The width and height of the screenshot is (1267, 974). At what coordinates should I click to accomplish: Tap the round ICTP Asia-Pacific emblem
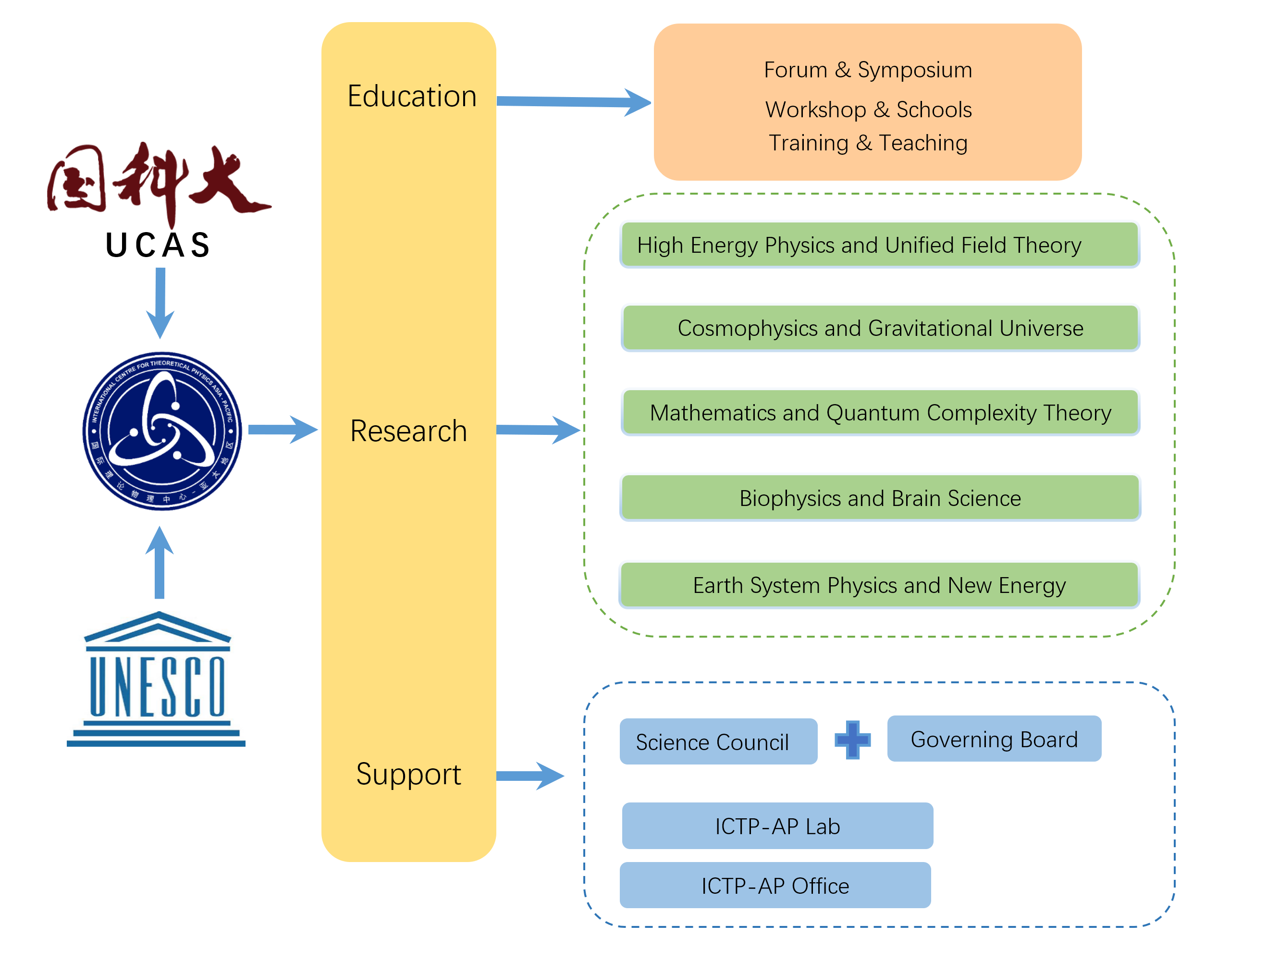tap(162, 431)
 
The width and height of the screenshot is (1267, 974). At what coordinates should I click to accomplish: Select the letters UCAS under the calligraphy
tap(158, 245)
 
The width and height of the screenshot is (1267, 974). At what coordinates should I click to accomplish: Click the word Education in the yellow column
tap(411, 96)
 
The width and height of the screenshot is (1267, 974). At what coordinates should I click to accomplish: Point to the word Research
tap(408, 431)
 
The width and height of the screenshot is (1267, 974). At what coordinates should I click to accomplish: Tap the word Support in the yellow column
tap(408, 774)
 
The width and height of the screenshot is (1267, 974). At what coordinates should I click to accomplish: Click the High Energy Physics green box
tap(879, 245)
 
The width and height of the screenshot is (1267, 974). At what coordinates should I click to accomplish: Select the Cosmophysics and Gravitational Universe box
tap(880, 328)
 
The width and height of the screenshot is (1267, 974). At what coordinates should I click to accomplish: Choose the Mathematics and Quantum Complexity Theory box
tap(880, 412)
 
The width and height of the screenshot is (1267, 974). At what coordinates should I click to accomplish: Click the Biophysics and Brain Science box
tap(880, 498)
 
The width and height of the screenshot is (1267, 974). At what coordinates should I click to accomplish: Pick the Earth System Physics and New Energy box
tap(879, 585)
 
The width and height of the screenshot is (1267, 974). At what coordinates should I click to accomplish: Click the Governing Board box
tap(994, 739)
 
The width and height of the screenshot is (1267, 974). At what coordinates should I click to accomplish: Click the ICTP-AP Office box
tap(775, 885)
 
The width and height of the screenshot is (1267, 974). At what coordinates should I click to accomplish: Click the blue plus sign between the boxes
tap(852, 740)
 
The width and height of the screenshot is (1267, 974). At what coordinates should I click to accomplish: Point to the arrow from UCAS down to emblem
tap(160, 301)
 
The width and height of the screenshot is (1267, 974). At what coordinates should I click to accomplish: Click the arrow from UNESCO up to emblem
tap(160, 562)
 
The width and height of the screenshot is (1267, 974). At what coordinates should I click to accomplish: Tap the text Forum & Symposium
tap(867, 70)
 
